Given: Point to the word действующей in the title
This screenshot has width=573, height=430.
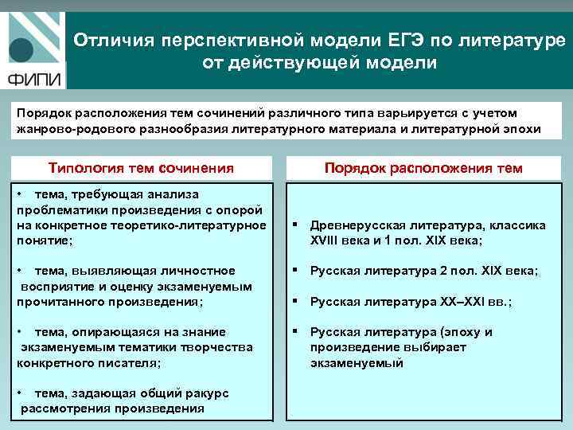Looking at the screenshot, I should (x=295, y=63).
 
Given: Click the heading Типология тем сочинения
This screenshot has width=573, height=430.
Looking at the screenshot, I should (x=141, y=168).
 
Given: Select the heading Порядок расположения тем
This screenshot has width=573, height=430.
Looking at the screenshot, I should (x=423, y=168).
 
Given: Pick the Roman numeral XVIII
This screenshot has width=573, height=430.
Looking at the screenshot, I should (x=329, y=240).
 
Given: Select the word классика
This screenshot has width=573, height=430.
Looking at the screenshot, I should (x=518, y=225).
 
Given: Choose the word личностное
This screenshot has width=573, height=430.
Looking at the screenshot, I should (x=199, y=271).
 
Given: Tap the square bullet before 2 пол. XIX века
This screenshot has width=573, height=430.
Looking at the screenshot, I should (x=296, y=271).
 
